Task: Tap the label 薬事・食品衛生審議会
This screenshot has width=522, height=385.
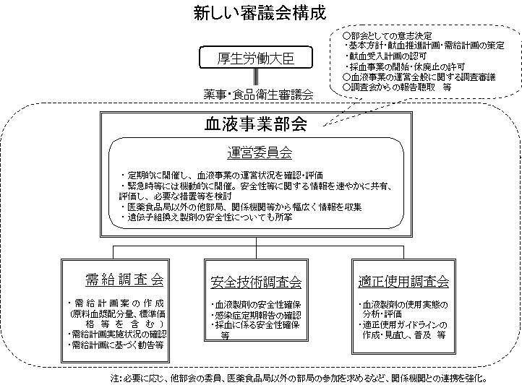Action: (258, 94)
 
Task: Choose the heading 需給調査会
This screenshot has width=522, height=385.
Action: (124, 280)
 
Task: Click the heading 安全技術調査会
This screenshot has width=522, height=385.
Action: (256, 282)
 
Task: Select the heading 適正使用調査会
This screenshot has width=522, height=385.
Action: (403, 281)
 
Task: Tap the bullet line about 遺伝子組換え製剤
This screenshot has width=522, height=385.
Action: (210, 217)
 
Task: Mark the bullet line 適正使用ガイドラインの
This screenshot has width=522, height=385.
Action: (402, 325)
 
